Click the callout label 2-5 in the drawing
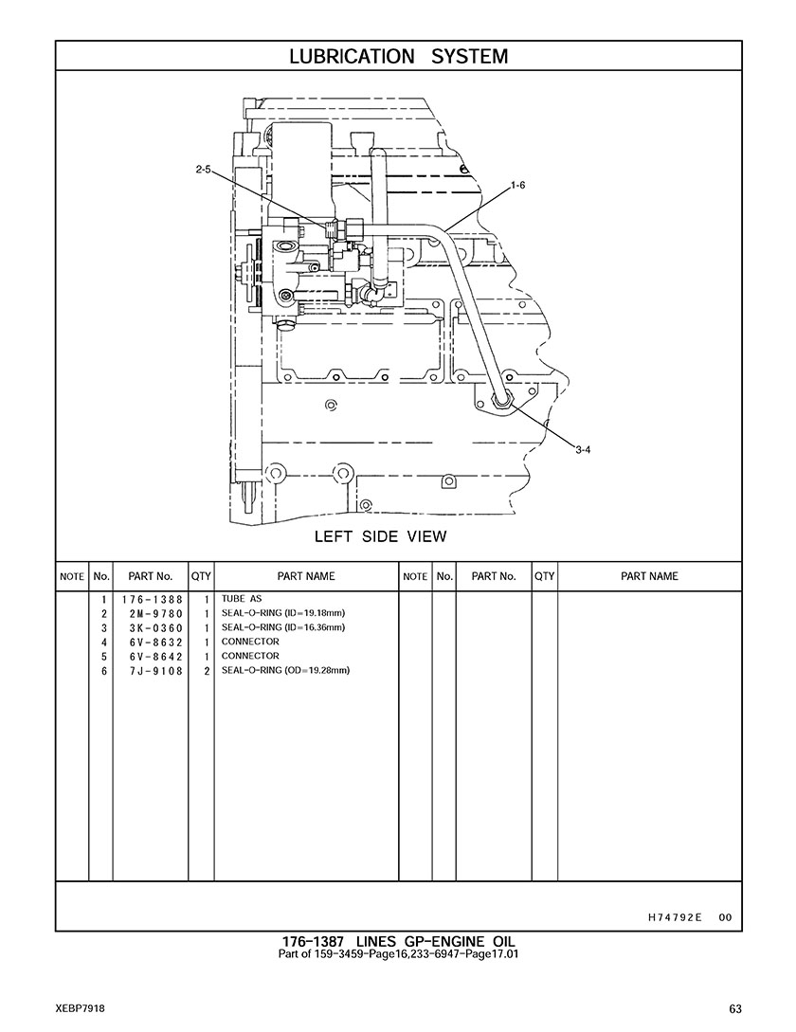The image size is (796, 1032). tap(203, 169)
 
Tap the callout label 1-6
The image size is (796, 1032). tap(518, 186)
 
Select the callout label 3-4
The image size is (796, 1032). tap(583, 450)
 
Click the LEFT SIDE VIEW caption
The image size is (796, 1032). tap(381, 536)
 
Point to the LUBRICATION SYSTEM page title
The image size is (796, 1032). tap(398, 57)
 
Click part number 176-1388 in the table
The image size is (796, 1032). tap(152, 600)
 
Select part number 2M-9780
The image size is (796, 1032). tap(156, 614)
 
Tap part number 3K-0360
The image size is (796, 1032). tap(156, 628)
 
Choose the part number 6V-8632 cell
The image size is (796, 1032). tap(156, 643)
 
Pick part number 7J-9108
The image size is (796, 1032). tap(156, 671)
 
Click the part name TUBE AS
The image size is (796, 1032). tap(242, 599)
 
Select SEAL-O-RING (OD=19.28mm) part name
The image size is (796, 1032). tap(286, 670)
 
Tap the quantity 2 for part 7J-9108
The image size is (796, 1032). tap(207, 671)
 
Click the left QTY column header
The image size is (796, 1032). tap(201, 576)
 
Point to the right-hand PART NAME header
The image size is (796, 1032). tap(649, 576)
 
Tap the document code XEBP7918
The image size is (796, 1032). tap(81, 1008)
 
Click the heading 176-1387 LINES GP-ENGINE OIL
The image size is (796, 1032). tap(398, 942)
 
